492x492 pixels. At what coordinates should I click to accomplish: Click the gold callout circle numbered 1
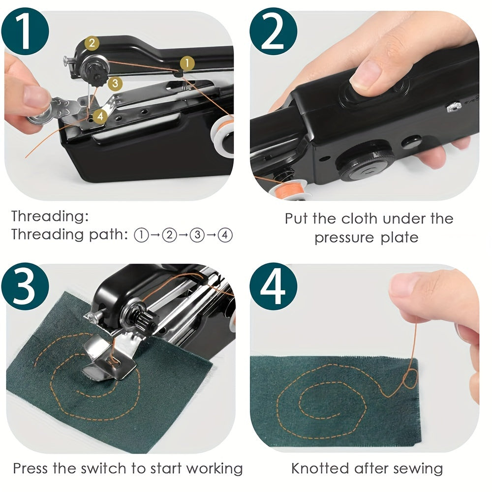(x=187, y=62)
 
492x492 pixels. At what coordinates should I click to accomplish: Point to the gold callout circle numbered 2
(x=92, y=43)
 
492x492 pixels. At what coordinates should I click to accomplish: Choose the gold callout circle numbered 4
(x=100, y=116)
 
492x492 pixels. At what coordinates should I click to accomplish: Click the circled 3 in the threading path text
(x=197, y=235)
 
